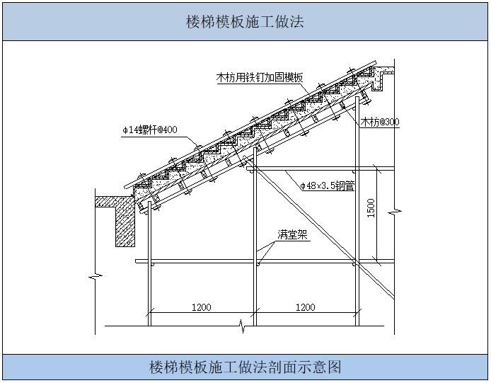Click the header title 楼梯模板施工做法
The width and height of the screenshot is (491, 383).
245,21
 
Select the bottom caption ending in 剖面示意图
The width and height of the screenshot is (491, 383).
245,367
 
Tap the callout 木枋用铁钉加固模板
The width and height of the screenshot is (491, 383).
260,78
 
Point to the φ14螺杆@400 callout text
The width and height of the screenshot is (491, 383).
149,130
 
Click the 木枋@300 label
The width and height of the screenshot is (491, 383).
380,122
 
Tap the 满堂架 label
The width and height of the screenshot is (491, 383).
292,235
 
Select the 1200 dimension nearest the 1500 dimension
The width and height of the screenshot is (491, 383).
305,307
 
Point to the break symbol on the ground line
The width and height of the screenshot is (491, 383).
243,326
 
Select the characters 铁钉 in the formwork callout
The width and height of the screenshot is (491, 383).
255,78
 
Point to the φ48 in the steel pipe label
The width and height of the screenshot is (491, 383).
307,185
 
